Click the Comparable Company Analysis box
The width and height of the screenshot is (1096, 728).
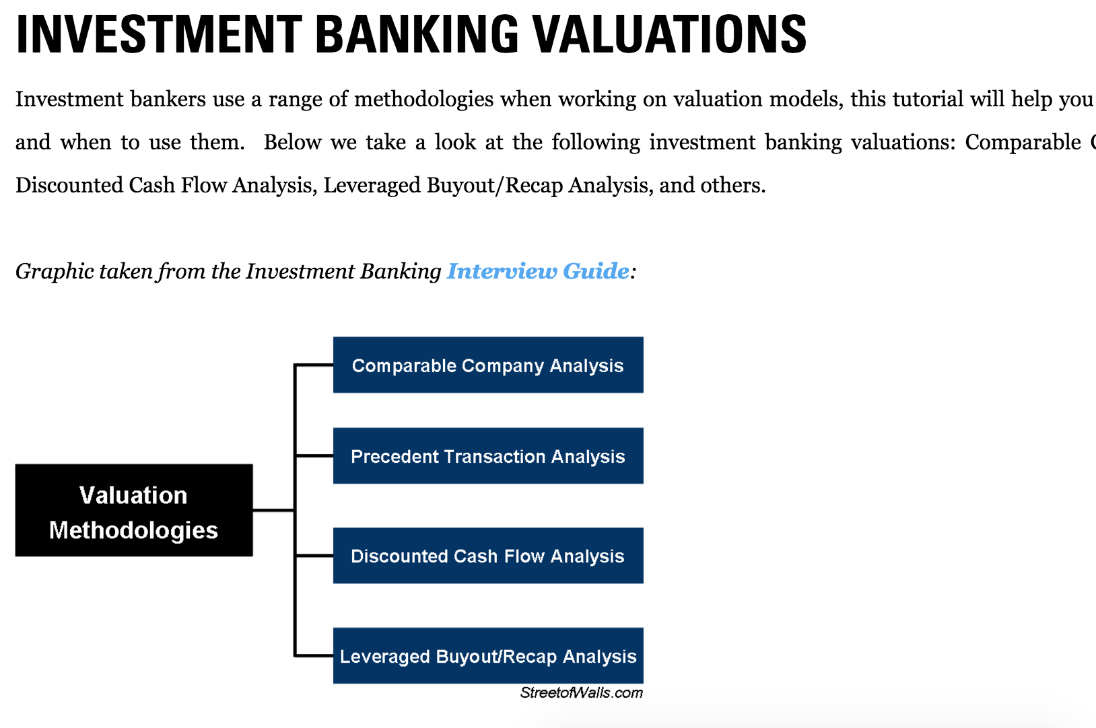(x=487, y=365)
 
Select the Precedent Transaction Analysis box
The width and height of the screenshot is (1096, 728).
(x=487, y=456)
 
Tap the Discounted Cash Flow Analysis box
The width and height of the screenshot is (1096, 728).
(x=487, y=556)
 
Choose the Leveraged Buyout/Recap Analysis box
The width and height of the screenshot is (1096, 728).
(x=487, y=656)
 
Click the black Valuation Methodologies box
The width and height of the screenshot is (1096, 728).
(x=133, y=511)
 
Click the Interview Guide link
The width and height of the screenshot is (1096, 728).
(x=538, y=271)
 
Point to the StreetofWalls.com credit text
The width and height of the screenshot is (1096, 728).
(x=581, y=693)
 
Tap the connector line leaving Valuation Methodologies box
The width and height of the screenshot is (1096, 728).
(x=273, y=511)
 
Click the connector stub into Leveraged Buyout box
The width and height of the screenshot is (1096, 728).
(x=314, y=655)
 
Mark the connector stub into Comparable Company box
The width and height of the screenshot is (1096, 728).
(x=314, y=365)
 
